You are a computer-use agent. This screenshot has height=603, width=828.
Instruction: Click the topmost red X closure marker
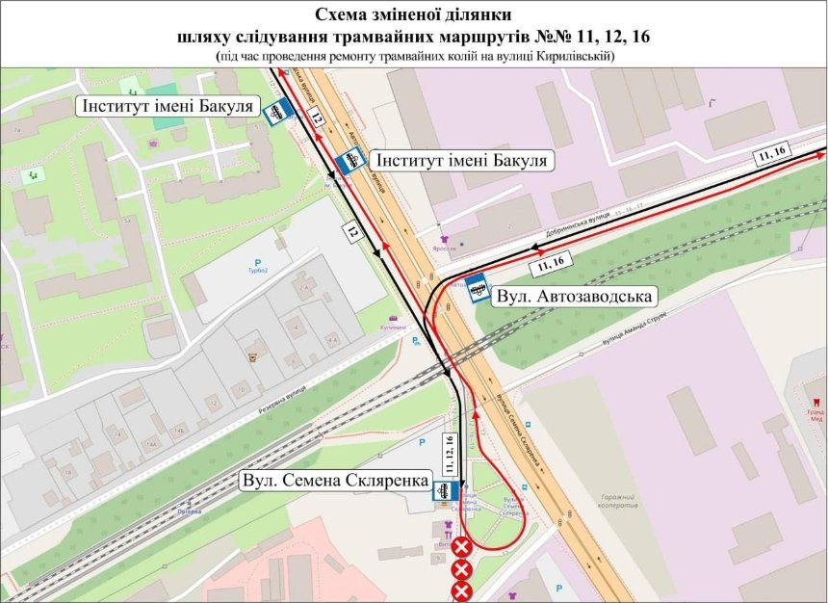462,547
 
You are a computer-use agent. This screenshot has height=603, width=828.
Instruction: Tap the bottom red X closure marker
462,590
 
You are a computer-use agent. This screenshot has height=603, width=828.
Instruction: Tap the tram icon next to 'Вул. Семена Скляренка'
443,492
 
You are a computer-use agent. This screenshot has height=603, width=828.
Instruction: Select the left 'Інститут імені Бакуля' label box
167,105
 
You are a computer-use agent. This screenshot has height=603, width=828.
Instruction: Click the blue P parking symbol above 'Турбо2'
257,262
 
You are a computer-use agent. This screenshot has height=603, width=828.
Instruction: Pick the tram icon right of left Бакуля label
277,112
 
